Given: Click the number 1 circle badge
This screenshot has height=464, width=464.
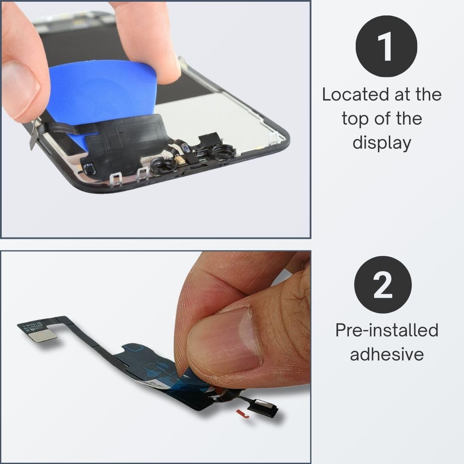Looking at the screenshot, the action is tap(386, 46).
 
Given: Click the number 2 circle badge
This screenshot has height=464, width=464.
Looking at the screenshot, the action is tap(383, 285).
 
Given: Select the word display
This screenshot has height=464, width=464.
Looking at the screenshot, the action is tap(382, 143).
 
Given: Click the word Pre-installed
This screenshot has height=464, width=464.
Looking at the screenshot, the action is tap(387, 330).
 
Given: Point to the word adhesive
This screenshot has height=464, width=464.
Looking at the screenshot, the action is tap(387, 354).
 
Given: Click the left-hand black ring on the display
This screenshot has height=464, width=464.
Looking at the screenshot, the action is tap(162, 168).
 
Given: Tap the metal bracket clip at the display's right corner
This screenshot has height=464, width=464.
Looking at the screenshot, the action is tap(273, 138).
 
